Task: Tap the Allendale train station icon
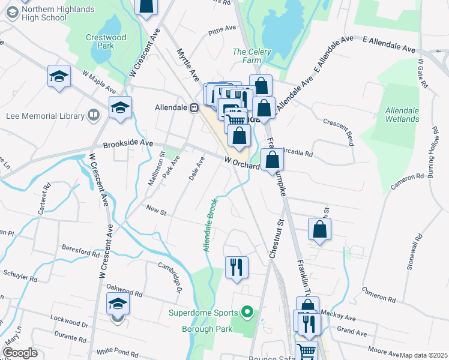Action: click(x=194, y=108)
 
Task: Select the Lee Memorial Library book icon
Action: click(x=93, y=115)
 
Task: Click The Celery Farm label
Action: click(x=252, y=56)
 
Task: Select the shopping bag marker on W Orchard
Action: click(x=273, y=160)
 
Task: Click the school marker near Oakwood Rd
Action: click(x=118, y=304)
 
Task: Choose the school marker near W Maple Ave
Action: click(x=59, y=76)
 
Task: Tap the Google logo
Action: click(x=20, y=353)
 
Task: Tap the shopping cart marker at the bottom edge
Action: click(x=306, y=350)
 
